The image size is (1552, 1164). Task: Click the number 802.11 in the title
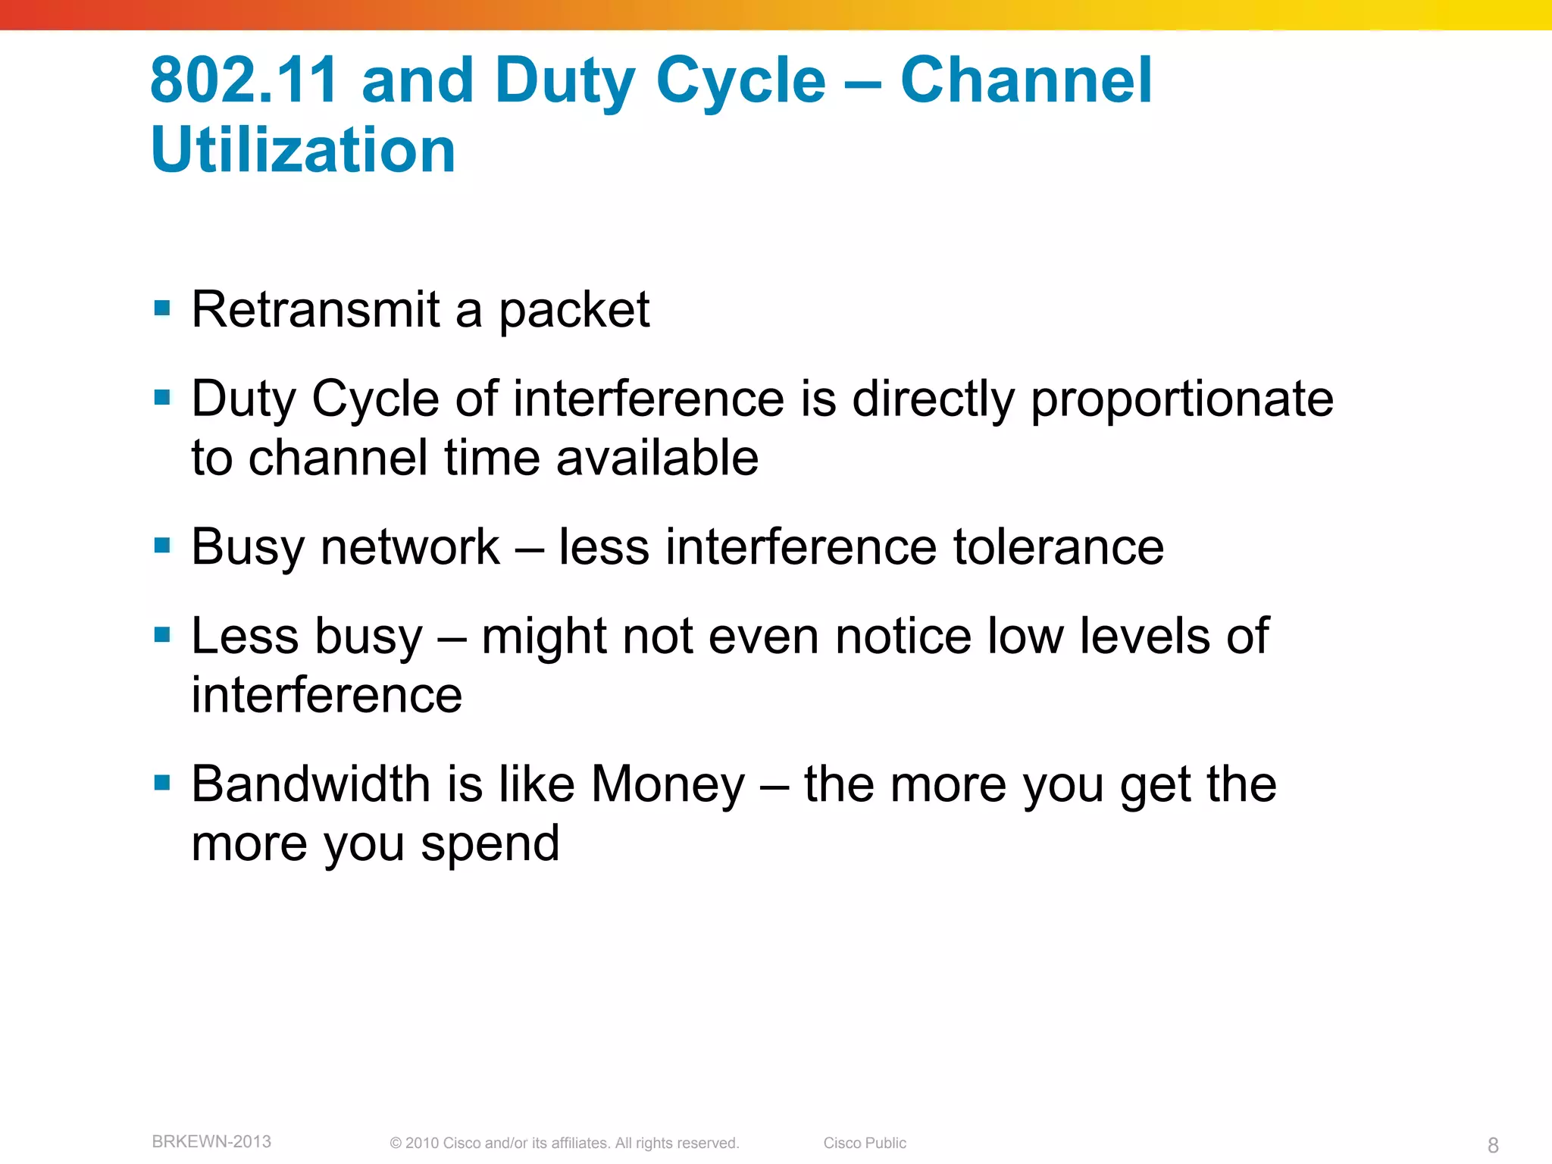[243, 80]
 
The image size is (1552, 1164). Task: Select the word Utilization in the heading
[303, 149]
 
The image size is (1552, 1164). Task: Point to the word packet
[574, 311]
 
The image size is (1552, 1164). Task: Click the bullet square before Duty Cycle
[161, 397]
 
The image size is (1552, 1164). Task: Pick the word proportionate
[1181, 399]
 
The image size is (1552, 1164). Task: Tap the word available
[657, 458]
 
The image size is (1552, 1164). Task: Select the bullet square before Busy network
[161, 546]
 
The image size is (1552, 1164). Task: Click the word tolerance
[1058, 546]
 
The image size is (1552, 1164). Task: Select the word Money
[668, 784]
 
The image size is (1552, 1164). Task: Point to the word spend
[490, 844]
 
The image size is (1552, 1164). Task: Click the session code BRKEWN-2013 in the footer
[211, 1141]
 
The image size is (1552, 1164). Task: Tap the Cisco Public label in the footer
[865, 1143]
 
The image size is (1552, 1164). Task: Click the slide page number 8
[1493, 1144]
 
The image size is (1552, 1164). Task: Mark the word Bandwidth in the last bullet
[311, 784]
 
